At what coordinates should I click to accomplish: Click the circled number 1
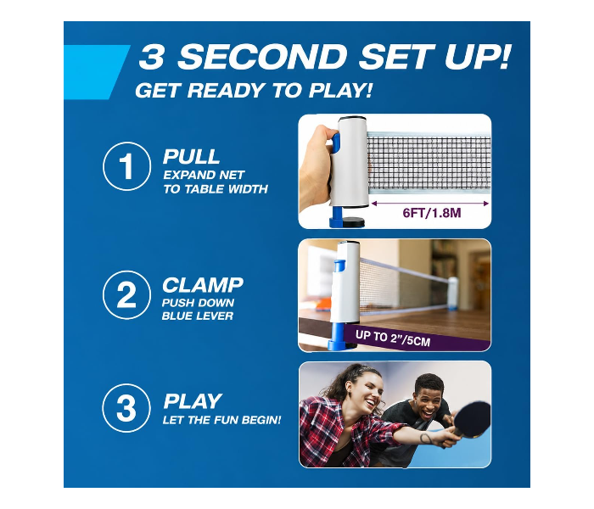point(126,166)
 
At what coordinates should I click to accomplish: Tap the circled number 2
point(126,294)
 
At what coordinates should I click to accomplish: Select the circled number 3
point(126,408)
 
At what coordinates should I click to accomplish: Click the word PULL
point(191,156)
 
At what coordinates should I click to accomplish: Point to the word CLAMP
point(203,285)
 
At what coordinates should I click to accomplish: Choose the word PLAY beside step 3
point(193,401)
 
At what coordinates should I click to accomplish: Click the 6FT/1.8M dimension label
point(432,213)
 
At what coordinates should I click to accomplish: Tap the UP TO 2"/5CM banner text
point(393,338)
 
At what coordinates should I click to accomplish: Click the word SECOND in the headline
point(262,57)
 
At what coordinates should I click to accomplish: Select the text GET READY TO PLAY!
point(254,91)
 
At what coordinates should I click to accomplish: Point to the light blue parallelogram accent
point(97,72)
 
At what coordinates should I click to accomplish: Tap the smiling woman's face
point(365,394)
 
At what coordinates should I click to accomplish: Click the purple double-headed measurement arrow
point(430,204)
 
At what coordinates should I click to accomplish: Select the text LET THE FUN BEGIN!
point(222,420)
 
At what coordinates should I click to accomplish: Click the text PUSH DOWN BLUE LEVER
point(198,309)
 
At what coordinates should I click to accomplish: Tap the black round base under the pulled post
point(354,221)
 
